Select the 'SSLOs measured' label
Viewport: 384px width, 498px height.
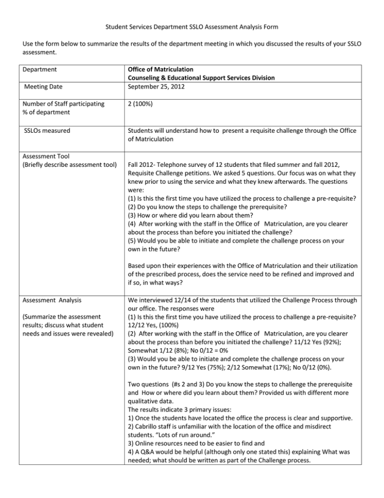(49, 131)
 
